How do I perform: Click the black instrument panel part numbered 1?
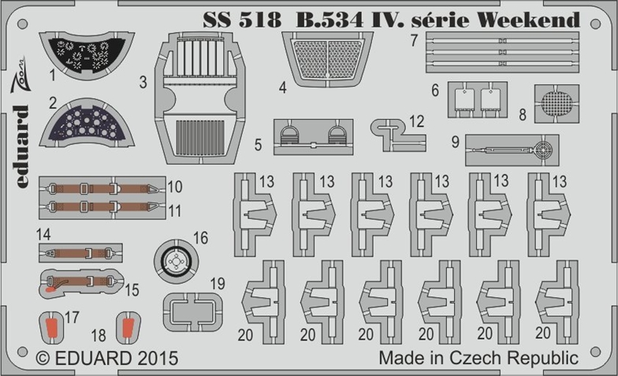click(x=86, y=54)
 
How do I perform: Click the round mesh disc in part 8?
click(x=557, y=103)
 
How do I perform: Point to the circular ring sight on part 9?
click(x=543, y=150)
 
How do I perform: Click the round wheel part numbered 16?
click(x=176, y=260)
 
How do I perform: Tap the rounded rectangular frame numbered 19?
click(x=192, y=312)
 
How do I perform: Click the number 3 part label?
click(x=143, y=82)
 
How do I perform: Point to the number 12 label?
click(x=416, y=121)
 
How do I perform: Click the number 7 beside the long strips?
click(x=413, y=40)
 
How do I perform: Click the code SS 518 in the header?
click(x=243, y=20)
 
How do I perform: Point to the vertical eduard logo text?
click(x=22, y=147)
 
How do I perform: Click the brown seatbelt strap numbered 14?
click(x=80, y=252)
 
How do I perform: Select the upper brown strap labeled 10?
click(x=102, y=188)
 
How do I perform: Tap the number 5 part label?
click(x=259, y=145)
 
